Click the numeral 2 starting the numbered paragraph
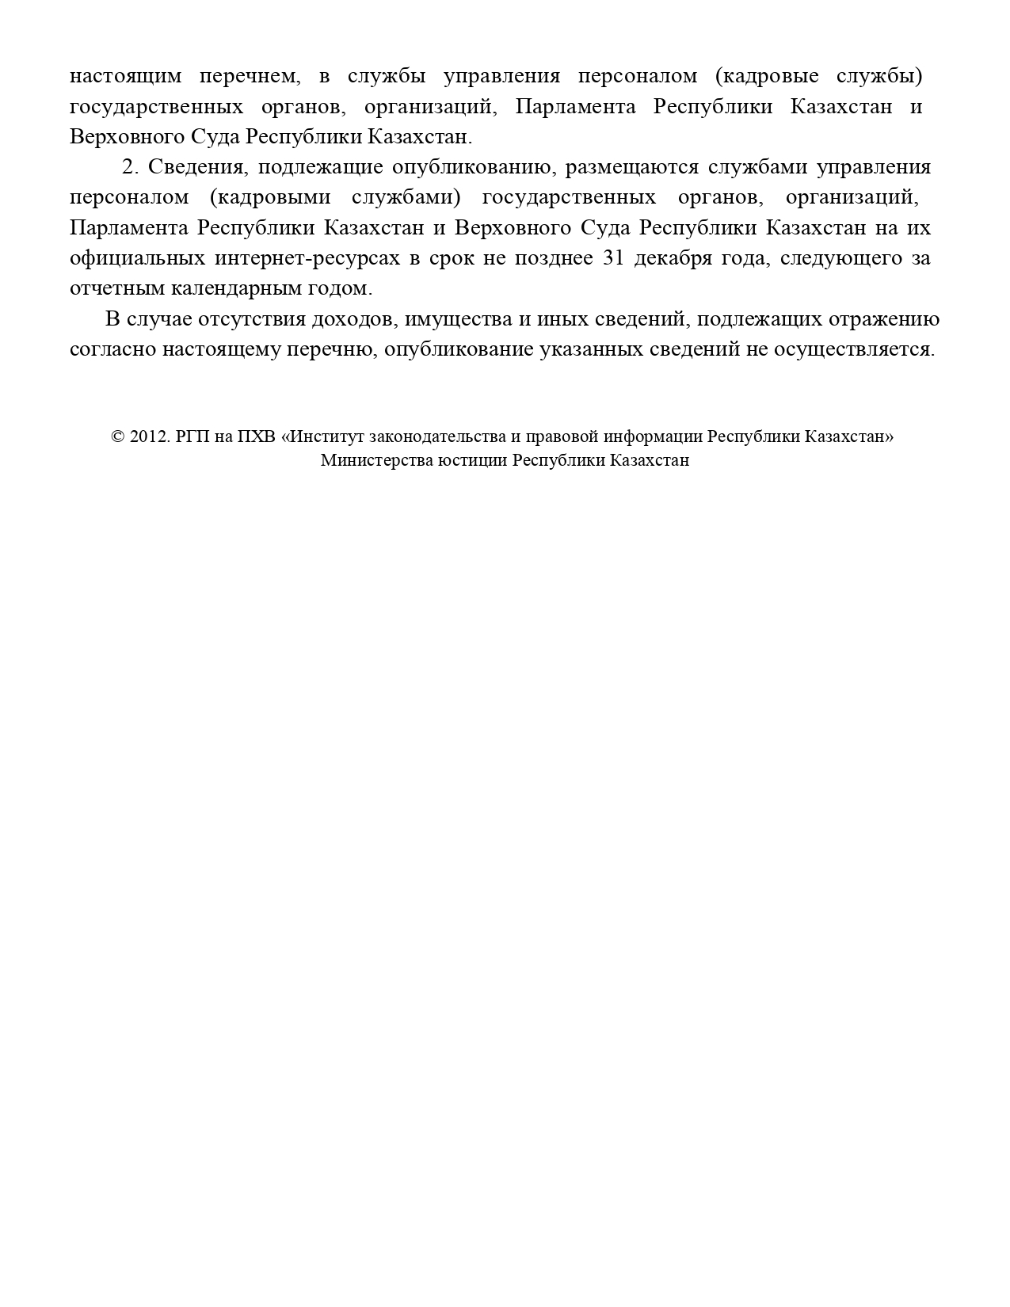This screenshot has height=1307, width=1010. (x=130, y=168)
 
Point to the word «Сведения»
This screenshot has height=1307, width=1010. (x=198, y=168)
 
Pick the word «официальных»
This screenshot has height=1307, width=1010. (x=137, y=258)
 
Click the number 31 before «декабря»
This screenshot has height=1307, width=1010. (x=614, y=258)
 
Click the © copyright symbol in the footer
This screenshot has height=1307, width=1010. (x=118, y=437)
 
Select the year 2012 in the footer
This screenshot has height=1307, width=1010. (x=147, y=437)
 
